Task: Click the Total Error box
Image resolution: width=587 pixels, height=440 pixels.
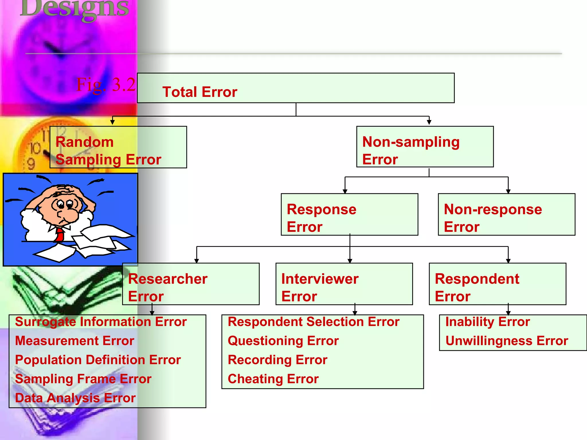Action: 296,88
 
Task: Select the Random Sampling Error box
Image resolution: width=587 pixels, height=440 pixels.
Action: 118,147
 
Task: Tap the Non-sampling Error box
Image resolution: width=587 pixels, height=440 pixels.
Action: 425,147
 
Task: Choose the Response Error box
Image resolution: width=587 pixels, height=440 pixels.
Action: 349,215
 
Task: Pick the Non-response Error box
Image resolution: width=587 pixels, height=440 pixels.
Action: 506,215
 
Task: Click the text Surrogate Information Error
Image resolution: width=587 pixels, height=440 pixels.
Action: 101,322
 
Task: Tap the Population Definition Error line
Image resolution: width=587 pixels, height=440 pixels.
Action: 98,360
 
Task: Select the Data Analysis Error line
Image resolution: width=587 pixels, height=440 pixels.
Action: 75,398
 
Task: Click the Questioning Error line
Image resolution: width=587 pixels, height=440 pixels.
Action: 283,341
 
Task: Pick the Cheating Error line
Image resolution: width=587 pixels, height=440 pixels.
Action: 273,379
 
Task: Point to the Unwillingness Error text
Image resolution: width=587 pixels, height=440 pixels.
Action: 507,341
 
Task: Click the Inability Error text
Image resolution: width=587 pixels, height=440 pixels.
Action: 488,322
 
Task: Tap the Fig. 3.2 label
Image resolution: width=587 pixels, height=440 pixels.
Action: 106,85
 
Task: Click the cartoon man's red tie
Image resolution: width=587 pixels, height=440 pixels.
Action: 60,235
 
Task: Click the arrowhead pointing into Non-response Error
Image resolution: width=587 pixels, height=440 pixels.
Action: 508,191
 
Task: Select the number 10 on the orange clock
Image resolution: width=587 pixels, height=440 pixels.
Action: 36,148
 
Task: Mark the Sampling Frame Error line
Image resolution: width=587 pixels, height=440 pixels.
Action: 83,379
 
